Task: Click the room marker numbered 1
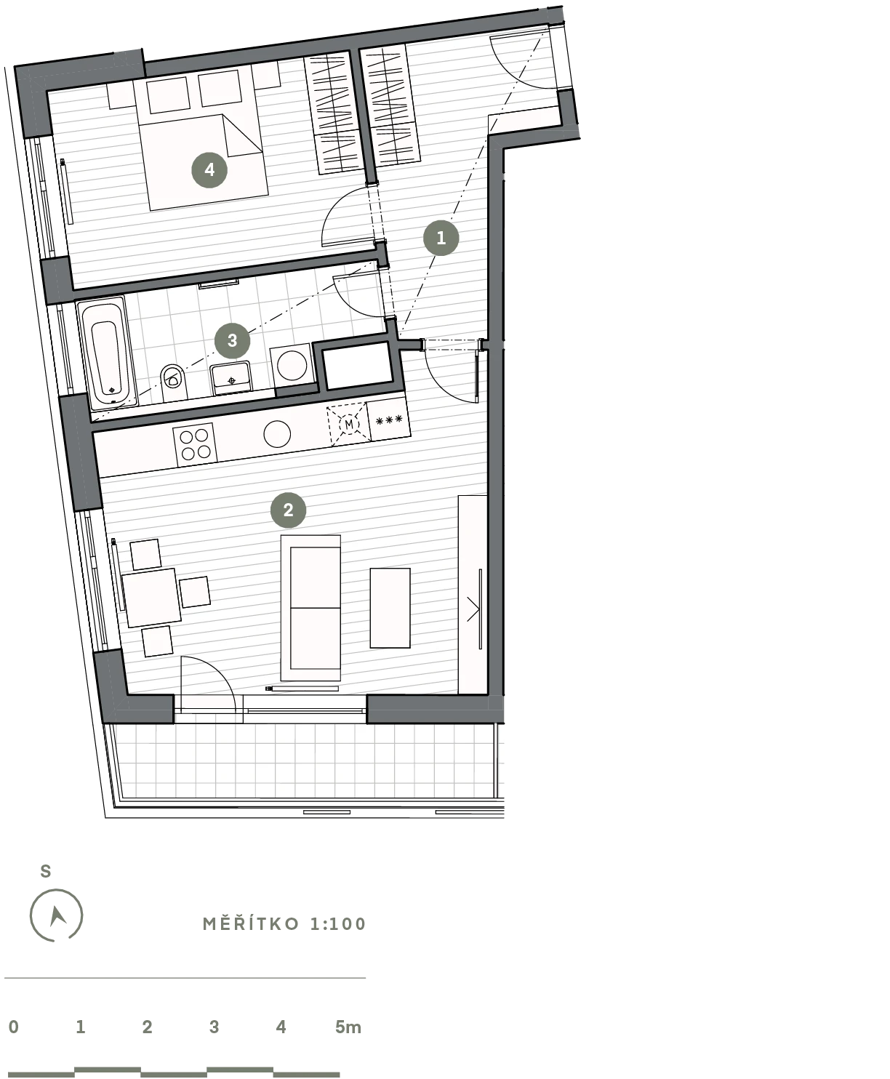441,238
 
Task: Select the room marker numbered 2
289,510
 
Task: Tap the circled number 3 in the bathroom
232,340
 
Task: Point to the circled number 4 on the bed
209,169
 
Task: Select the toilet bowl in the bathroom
173,382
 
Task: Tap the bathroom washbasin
230,377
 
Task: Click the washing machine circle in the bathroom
292,366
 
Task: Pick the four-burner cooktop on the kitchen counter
196,444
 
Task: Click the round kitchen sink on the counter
277,434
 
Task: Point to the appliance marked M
348,425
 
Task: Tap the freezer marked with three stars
389,420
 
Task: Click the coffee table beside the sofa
390,608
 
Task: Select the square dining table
151,598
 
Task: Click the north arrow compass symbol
56,915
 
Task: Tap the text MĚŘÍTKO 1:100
284,924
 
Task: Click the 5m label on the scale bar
348,1027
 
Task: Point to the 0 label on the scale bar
14,1027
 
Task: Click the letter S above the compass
46,871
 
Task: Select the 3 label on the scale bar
214,1027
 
